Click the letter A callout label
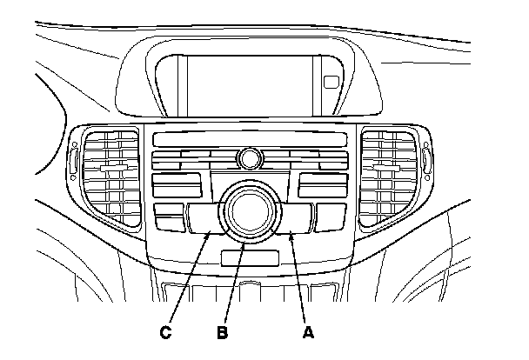305,331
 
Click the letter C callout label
165,331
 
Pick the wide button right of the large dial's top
323,184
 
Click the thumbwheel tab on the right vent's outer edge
428,160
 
